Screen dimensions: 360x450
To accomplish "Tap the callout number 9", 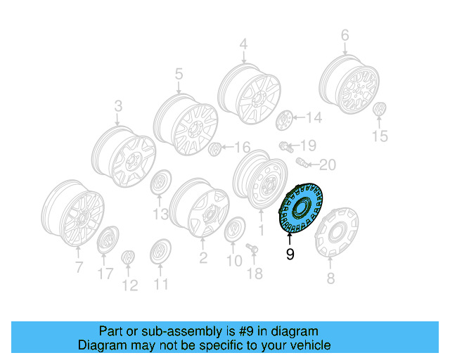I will click(290, 255).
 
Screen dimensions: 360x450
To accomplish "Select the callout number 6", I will click(345, 35).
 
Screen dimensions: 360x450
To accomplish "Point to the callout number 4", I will click(243, 45).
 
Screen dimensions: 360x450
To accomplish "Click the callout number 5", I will click(179, 73).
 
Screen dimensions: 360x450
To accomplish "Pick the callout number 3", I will click(118, 106).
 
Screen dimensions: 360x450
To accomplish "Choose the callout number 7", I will click(79, 266).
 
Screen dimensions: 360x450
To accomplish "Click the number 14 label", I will click(313, 118).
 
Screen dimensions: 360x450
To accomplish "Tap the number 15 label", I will click(379, 136).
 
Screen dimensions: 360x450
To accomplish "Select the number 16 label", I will click(242, 147).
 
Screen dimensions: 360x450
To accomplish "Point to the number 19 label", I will click(309, 146).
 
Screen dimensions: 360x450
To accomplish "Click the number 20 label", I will click(328, 165).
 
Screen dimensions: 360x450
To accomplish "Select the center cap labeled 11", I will click(161, 252).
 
